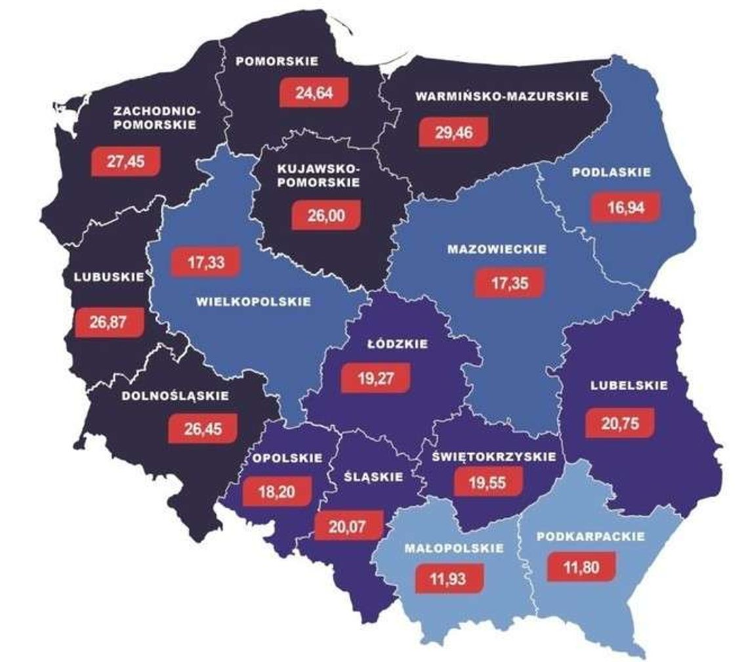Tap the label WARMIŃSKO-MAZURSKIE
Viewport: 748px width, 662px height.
(502, 97)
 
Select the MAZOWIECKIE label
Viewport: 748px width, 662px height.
(496, 250)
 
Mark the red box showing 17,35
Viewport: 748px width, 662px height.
(509, 284)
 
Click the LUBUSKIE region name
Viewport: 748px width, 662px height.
(108, 277)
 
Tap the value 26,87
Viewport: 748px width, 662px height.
(108, 322)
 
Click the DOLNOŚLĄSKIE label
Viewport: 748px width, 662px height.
(175, 396)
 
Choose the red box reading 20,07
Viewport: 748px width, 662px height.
(348, 525)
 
